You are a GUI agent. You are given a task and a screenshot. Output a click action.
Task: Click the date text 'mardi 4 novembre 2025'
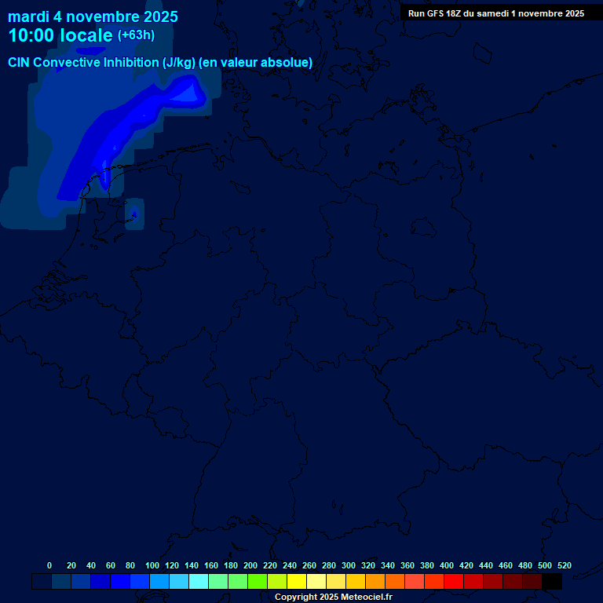click(93, 16)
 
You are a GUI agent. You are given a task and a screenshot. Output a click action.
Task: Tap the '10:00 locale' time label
click(60, 35)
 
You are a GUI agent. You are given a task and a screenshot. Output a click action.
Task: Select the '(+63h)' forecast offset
click(136, 35)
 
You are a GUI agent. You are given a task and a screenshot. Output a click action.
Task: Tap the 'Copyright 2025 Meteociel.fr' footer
click(333, 598)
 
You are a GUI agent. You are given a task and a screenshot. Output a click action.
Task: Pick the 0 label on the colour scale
click(49, 565)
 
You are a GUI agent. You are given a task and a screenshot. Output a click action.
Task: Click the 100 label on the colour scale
click(152, 565)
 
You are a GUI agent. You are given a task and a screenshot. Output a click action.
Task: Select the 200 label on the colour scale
click(250, 565)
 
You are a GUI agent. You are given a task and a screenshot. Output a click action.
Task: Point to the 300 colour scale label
click(349, 565)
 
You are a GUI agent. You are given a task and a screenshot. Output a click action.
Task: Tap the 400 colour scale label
click(447, 565)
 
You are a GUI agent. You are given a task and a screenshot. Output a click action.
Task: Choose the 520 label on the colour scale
click(565, 565)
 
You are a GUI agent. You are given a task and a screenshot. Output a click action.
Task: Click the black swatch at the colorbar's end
click(552, 582)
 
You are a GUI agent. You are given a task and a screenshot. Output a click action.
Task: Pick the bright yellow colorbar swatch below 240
click(297, 582)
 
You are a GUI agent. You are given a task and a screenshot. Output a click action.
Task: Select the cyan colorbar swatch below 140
click(199, 582)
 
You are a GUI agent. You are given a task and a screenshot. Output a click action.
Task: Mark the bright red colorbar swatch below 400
click(454, 582)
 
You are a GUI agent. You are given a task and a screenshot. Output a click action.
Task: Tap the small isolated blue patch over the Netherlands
click(133, 214)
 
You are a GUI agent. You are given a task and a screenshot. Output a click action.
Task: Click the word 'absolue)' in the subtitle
click(289, 63)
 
